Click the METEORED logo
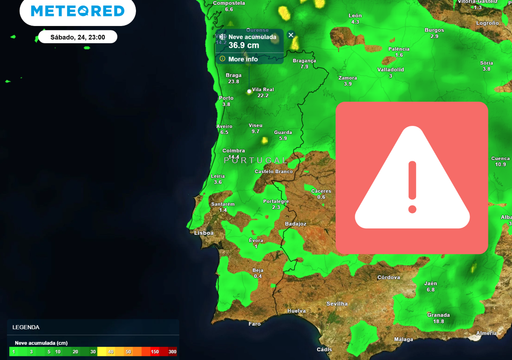tap(78, 12)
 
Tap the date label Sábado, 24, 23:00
tap(77, 37)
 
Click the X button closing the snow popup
tap(291, 35)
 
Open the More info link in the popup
tap(243, 59)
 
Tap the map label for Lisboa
tap(204, 233)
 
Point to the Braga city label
tap(234, 75)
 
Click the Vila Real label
tap(262, 89)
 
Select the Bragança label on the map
tap(303, 60)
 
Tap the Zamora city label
tap(348, 77)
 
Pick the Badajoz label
tap(295, 224)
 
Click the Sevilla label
tap(337, 303)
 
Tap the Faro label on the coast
tap(254, 324)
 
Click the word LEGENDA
tap(26, 327)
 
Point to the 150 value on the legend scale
tap(155, 352)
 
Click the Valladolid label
tap(391, 70)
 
